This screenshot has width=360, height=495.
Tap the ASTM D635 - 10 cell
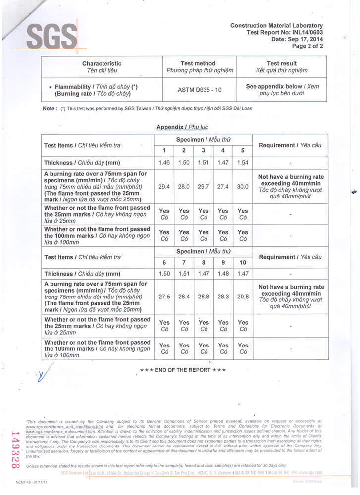199,90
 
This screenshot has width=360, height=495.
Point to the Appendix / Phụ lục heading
182,127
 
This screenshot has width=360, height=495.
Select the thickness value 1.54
242,163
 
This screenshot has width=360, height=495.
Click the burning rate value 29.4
164,187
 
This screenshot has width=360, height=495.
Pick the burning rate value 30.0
242,187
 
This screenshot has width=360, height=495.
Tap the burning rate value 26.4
184,297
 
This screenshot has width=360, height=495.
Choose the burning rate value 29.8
242,297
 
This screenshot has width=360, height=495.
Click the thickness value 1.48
223,273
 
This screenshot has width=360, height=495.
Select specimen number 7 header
184,262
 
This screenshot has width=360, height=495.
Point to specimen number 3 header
204,150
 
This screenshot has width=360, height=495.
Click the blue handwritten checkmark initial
44,375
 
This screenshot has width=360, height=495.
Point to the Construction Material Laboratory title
276,25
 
